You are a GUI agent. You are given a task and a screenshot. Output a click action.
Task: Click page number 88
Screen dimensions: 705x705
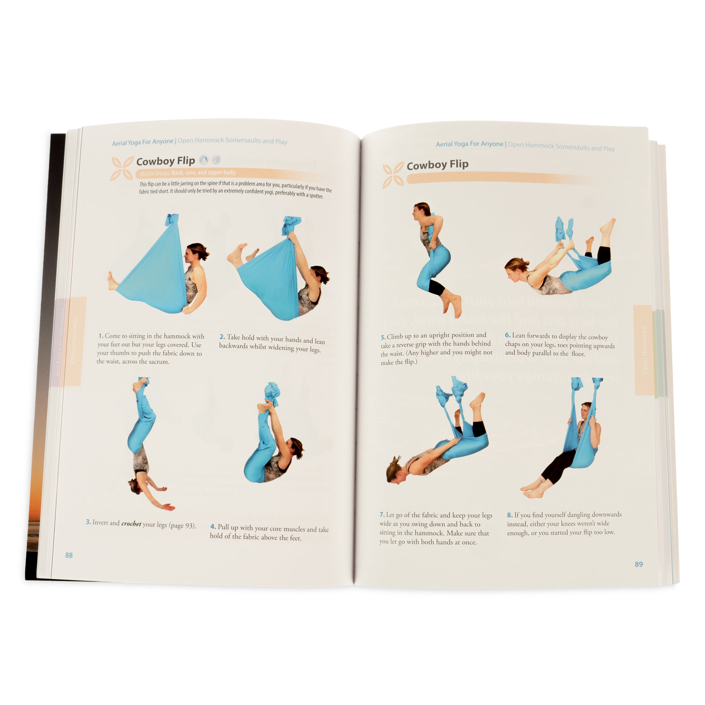point(69,555)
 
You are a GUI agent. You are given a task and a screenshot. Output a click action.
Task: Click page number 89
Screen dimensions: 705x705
point(639,564)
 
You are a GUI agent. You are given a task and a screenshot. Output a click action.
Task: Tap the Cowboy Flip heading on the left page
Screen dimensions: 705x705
point(165,161)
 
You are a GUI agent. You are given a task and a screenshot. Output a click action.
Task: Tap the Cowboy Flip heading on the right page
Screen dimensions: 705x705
point(437,165)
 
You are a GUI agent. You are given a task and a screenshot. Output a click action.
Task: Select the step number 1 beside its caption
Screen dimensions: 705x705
point(101,336)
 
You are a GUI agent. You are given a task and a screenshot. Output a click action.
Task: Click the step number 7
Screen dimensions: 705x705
point(382,515)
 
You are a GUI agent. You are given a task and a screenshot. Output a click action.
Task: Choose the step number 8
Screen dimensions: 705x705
point(509,515)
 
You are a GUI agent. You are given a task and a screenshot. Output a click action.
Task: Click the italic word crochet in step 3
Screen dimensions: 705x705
point(131,524)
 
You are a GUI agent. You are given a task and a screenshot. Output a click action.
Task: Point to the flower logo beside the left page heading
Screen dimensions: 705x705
point(122,168)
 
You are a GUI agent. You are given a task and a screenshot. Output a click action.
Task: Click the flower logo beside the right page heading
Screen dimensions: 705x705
point(393,175)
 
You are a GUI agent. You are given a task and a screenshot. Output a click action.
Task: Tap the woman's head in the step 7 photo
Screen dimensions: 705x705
point(395,470)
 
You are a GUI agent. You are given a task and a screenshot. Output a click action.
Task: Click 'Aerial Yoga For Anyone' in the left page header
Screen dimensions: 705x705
point(142,142)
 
